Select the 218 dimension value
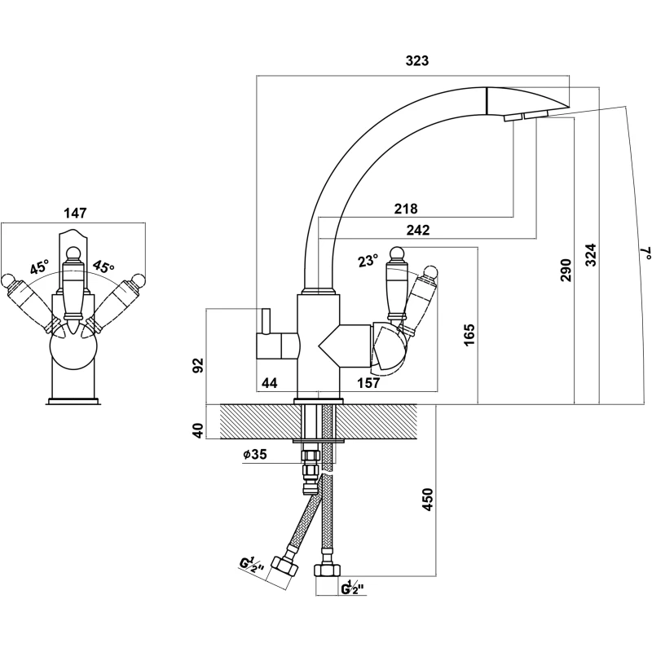point(405,209)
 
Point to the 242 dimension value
point(416,231)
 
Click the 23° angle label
point(368,262)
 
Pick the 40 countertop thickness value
point(196,429)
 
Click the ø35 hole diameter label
point(254,456)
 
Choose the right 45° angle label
point(103,267)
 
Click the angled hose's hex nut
point(285,564)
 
